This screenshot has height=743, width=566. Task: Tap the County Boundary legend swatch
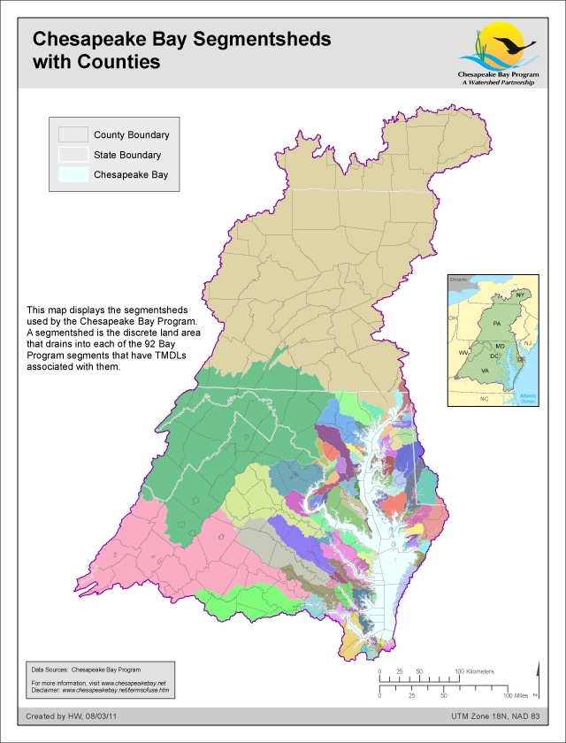pyautogui.click(x=73, y=135)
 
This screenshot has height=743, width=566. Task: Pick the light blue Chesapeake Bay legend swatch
pyautogui.click(x=73, y=174)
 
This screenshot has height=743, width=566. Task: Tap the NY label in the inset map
pyautogui.click(x=521, y=294)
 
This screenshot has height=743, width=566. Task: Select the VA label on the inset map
pyautogui.click(x=485, y=369)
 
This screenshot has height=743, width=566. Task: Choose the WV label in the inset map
pyautogui.click(x=463, y=352)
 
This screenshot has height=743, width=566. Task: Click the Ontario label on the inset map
pyautogui.click(x=457, y=280)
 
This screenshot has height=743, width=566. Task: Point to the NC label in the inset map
pyautogui.click(x=484, y=399)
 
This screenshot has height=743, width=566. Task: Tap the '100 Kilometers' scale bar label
pyautogui.click(x=475, y=672)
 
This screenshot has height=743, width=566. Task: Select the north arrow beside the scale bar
pyautogui.click(x=535, y=683)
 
